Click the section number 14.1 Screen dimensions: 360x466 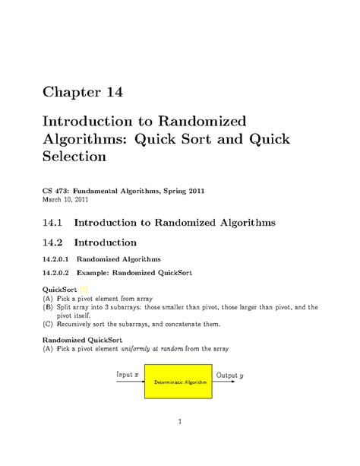click(x=52, y=222)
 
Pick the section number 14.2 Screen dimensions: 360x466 click(x=52, y=243)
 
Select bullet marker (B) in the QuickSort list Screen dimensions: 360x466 click(x=47, y=307)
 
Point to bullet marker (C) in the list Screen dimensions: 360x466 click(x=47, y=324)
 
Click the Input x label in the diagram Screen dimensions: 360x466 click(x=127, y=375)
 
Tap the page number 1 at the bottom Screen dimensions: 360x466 click(x=179, y=420)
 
